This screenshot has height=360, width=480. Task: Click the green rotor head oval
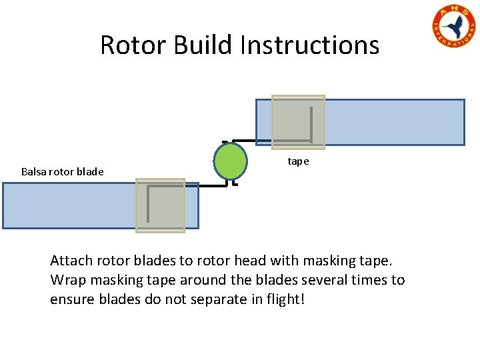[230, 162]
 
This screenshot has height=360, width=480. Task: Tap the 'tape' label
[298, 161]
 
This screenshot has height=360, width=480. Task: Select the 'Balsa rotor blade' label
[62, 171]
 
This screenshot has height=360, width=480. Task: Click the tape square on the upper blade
[297, 122]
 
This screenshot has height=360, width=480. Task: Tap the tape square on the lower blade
[160, 205]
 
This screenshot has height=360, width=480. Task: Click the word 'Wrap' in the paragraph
[67, 280]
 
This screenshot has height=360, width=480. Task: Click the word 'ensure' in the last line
[72, 299]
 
